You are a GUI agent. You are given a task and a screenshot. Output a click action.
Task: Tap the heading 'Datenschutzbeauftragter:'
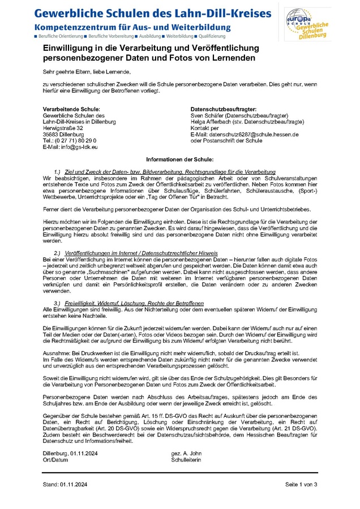click(x=224, y=109)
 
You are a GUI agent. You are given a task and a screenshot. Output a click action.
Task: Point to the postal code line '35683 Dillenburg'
click(x=63, y=134)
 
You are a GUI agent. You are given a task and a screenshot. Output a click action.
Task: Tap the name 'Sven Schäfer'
click(x=207, y=115)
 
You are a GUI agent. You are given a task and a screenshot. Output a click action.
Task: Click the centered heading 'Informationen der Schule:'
click(x=179, y=160)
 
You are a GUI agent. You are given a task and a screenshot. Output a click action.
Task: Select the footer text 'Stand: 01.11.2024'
click(x=66, y=485)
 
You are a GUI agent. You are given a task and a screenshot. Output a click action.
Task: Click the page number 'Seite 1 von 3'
click(x=301, y=485)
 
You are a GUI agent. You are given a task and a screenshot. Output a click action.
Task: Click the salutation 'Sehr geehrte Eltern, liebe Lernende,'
click(x=87, y=71)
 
